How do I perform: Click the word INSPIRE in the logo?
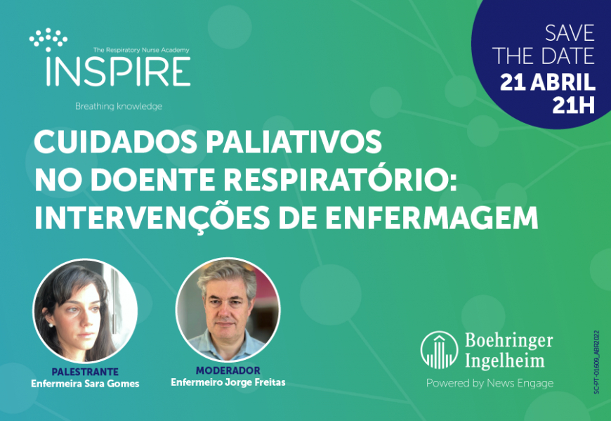[119, 71]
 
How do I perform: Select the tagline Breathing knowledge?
[119, 106]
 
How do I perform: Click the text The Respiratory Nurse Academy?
[141, 50]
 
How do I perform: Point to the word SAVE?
[570, 33]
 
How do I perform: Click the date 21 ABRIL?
[548, 82]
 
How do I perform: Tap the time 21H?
[574, 105]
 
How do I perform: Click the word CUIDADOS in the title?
[116, 141]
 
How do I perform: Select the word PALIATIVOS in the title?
[294, 141]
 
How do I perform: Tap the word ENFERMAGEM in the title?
[432, 218]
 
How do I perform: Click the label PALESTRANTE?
[85, 372]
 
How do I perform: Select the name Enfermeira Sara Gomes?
[85, 384]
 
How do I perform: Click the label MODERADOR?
[228, 370]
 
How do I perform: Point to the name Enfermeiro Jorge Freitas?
[228, 382]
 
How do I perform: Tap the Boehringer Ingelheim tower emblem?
[439, 350]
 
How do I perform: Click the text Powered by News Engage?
[490, 383]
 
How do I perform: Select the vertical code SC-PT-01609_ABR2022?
[596, 363]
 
